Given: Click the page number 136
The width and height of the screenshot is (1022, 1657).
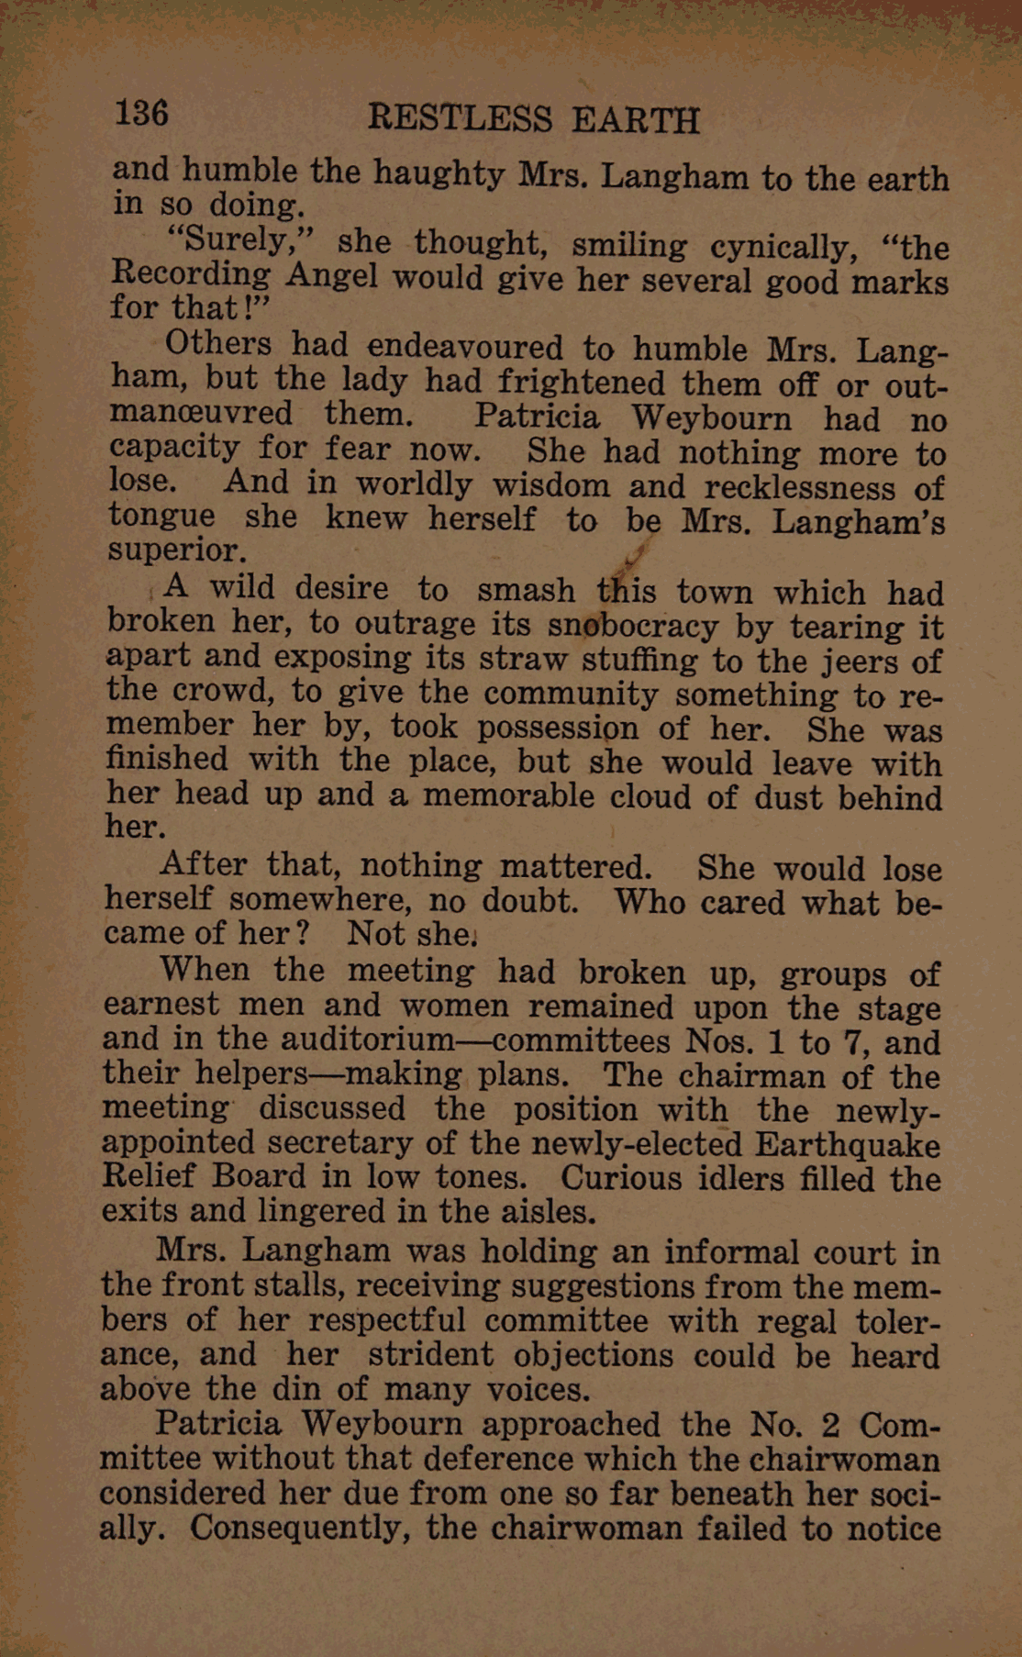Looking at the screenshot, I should click(141, 114).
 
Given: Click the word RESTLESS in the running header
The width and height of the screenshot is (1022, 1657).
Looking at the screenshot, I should click(460, 119).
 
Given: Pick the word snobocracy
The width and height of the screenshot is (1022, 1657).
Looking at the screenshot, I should click(632, 626).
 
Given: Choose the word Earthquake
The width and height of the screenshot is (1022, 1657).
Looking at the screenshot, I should click(847, 1145).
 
